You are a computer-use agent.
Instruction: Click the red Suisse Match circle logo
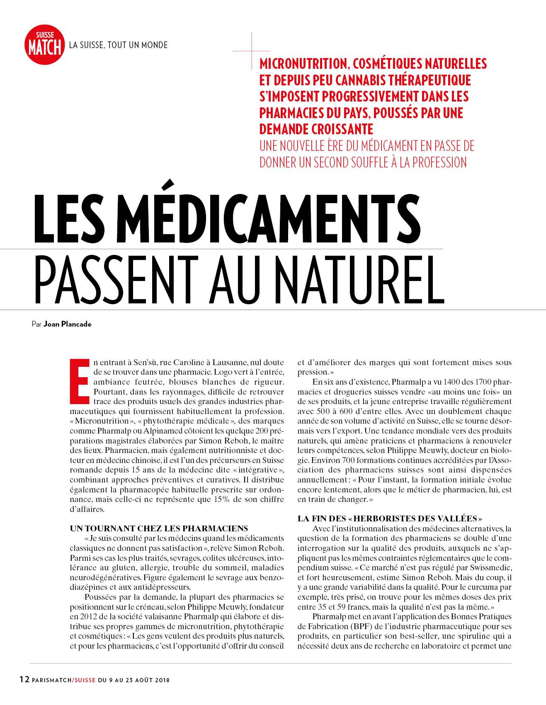point(45,45)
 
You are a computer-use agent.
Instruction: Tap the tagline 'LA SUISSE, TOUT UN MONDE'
point(118,45)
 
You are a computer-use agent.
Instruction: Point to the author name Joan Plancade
point(67,324)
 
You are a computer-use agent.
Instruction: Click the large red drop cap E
point(80,381)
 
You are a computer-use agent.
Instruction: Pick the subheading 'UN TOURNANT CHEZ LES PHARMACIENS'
point(159,528)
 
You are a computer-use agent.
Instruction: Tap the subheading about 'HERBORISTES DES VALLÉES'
point(390,518)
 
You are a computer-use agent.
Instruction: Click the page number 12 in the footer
point(24,679)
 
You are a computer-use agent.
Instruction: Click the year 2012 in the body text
point(89,617)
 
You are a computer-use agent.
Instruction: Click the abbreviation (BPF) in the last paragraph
point(362,626)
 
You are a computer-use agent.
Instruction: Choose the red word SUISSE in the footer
point(85,680)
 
